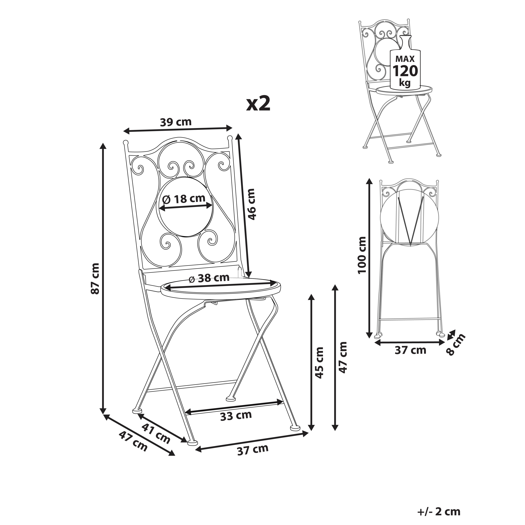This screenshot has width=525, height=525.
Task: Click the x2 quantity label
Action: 258,104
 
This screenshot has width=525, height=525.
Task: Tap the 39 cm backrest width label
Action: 176,122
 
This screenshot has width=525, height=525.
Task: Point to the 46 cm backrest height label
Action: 251,204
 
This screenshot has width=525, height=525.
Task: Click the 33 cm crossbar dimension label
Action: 236,415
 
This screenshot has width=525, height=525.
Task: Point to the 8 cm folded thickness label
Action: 455,344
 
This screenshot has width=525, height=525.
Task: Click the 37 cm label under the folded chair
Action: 410,350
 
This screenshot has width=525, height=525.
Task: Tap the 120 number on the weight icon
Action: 405,71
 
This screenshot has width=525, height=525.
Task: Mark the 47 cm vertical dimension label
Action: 343,357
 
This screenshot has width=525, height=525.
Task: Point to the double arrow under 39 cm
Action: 178,130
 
